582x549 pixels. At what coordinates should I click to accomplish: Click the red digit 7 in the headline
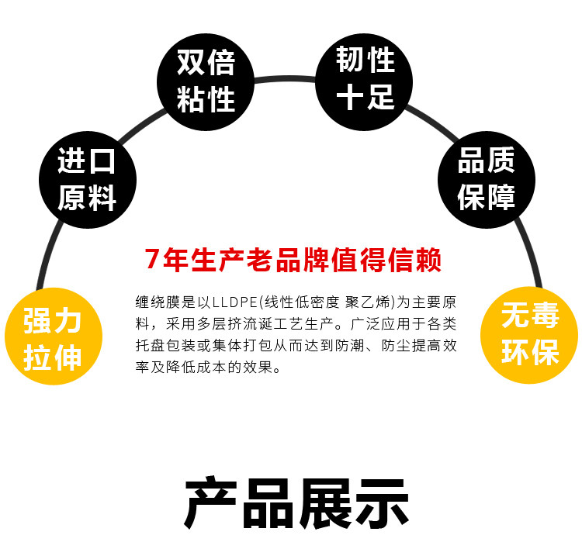tap(153, 260)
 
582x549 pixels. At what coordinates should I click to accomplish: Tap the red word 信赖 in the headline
tap(411, 260)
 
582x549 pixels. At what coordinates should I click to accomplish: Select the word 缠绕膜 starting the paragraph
tap(154, 302)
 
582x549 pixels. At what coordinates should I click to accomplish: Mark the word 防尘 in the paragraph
tap(393, 347)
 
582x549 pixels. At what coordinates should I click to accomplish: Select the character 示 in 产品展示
tap(380, 503)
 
